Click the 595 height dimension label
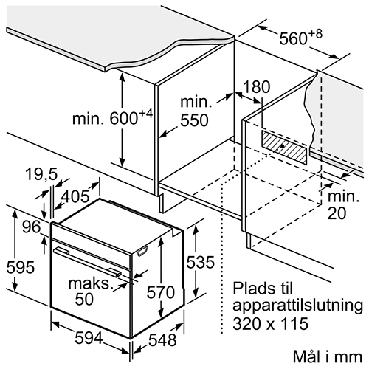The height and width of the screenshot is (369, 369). [x=21, y=267]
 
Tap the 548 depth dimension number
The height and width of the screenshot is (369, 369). [x=162, y=339]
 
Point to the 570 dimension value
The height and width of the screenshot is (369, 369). [x=161, y=292]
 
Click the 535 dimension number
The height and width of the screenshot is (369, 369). [x=200, y=262]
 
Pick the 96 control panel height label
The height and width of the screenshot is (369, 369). [x=31, y=227]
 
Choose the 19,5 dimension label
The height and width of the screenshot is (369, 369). [x=41, y=174]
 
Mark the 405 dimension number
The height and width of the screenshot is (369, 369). [x=75, y=196]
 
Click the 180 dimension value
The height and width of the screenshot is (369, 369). [x=257, y=87]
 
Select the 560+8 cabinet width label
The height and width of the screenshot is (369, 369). [x=300, y=36]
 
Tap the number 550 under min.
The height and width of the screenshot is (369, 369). [x=194, y=120]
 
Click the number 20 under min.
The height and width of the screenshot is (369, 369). [x=337, y=213]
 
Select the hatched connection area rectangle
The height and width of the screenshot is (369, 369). [x=284, y=147]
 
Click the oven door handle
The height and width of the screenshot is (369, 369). [x=87, y=262]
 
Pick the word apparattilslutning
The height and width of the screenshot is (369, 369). [x=297, y=306]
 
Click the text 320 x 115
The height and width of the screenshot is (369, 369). [x=270, y=323]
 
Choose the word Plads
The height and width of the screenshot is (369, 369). [x=253, y=288]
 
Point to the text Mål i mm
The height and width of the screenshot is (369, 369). [x=328, y=356]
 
